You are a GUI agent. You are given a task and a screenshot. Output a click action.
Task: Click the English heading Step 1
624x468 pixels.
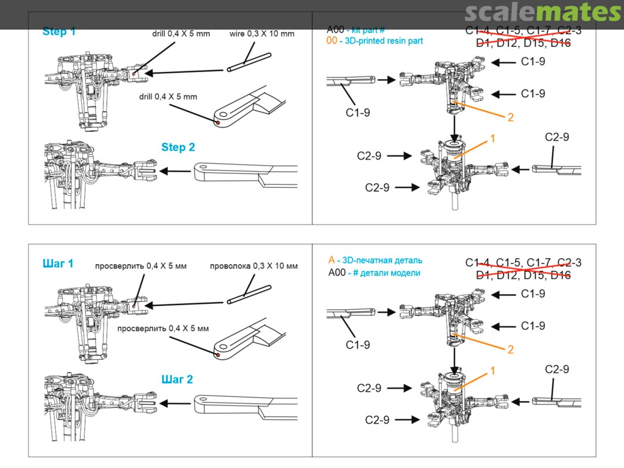[x=59, y=32]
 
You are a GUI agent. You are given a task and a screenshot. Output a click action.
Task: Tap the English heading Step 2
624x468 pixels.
[x=178, y=147]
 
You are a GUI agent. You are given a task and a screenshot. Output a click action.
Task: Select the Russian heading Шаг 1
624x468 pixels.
[x=58, y=264]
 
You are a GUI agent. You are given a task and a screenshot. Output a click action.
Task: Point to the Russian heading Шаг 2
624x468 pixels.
[x=176, y=380]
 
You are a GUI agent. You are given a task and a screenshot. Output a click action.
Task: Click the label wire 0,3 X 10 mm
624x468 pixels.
[x=262, y=34]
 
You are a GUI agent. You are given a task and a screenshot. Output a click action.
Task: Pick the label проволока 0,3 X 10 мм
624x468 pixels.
[x=254, y=266]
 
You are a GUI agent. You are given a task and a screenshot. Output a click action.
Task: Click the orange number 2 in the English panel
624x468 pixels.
[x=510, y=117]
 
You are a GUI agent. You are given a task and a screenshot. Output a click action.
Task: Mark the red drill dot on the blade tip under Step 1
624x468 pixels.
[x=217, y=122]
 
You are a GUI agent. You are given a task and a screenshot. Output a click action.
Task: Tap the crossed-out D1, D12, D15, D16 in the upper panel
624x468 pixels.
[x=523, y=43]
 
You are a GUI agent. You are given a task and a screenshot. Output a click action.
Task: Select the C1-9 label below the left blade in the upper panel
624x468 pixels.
[x=358, y=113]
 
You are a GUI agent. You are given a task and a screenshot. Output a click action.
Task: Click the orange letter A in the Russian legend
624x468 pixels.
[x=331, y=261]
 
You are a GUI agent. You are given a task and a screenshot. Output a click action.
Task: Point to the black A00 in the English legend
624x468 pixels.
[x=336, y=29]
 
